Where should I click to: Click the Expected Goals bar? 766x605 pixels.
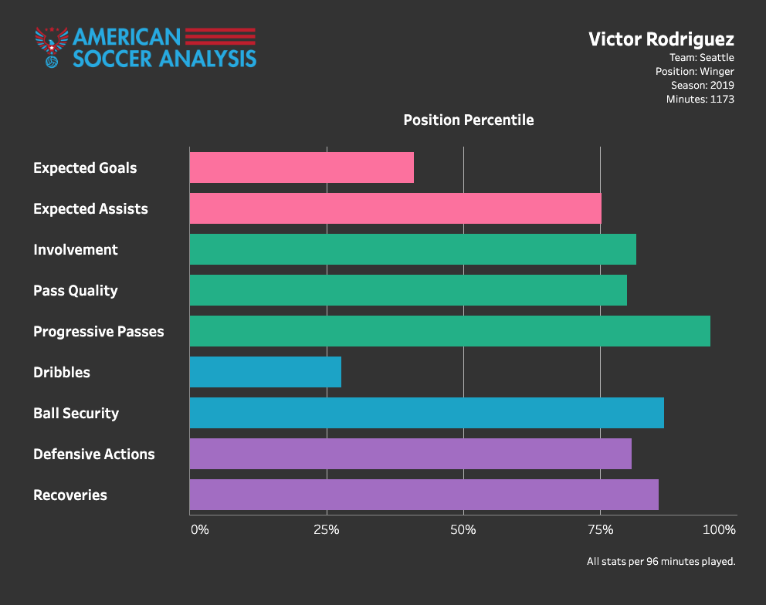tap(301, 167)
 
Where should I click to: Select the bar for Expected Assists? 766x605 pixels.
tap(395, 208)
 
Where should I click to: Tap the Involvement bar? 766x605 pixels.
tap(412, 249)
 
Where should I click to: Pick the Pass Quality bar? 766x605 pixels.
tap(408, 290)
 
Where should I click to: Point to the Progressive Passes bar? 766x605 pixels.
tap(449, 331)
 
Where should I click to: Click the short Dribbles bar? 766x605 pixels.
tap(265, 372)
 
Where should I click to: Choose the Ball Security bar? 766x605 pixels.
tap(426, 413)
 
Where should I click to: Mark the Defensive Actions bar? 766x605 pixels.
tap(410, 454)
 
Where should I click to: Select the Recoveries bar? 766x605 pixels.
tap(423, 495)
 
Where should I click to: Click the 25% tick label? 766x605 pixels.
tap(327, 530)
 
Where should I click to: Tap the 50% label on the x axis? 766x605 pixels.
tap(463, 530)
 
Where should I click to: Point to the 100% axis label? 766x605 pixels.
tap(720, 530)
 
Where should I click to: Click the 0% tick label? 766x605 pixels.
tap(199, 530)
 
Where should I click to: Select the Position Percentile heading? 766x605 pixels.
tap(469, 120)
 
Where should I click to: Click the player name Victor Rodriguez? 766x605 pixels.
tap(661, 39)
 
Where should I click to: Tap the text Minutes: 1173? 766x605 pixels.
tap(700, 99)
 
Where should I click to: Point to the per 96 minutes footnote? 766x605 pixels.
tap(661, 562)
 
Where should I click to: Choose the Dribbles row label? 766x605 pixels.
tap(62, 372)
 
